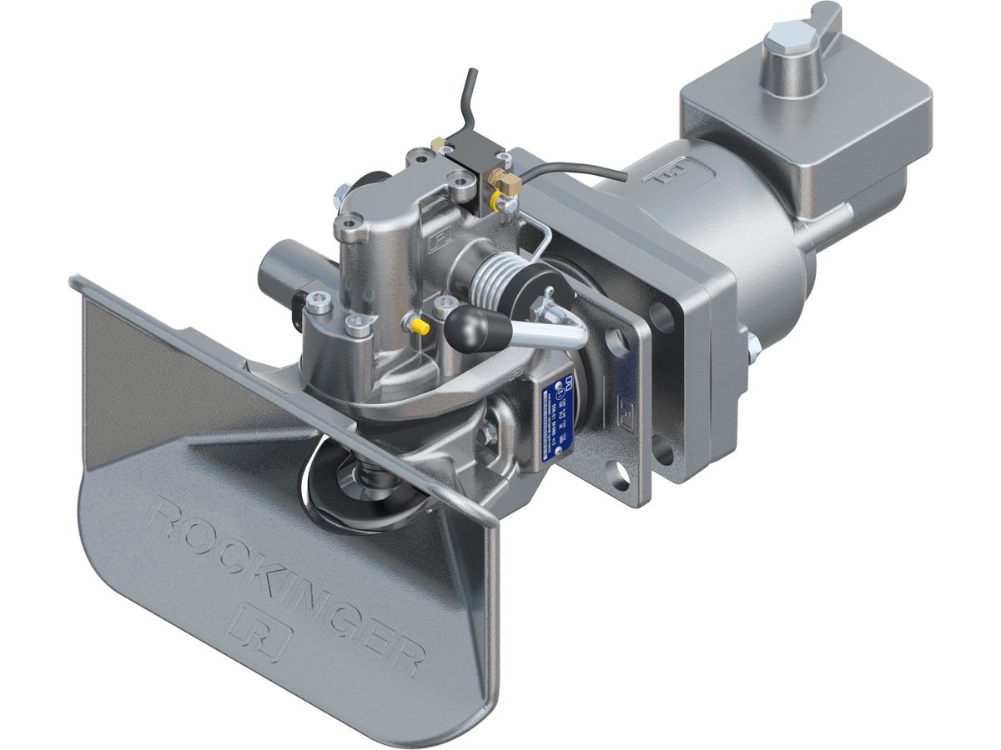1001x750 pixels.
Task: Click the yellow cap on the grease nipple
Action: (x=421, y=327)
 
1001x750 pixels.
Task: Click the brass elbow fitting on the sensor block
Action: (x=504, y=180)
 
